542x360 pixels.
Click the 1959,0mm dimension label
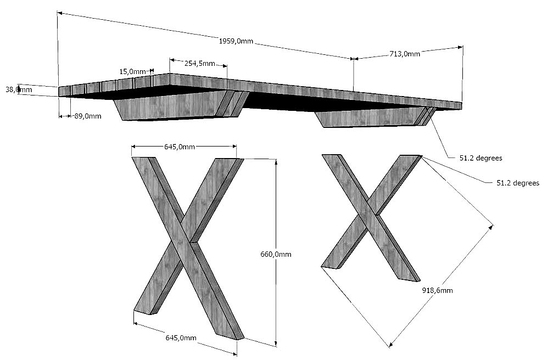[x=236, y=41]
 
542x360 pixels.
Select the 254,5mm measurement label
[x=199, y=64]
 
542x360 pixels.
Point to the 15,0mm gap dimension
[x=133, y=72]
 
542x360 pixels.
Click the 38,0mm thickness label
[x=19, y=90]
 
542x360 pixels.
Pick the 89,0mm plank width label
[x=88, y=116]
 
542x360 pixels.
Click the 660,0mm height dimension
[x=276, y=254]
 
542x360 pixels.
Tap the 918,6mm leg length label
[x=437, y=290]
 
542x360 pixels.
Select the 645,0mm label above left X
[x=180, y=147]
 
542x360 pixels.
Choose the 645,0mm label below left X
[x=181, y=337]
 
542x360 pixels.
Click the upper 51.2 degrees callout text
[x=480, y=158]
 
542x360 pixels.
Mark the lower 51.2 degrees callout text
[x=518, y=183]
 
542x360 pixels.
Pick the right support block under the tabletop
[x=375, y=117]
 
